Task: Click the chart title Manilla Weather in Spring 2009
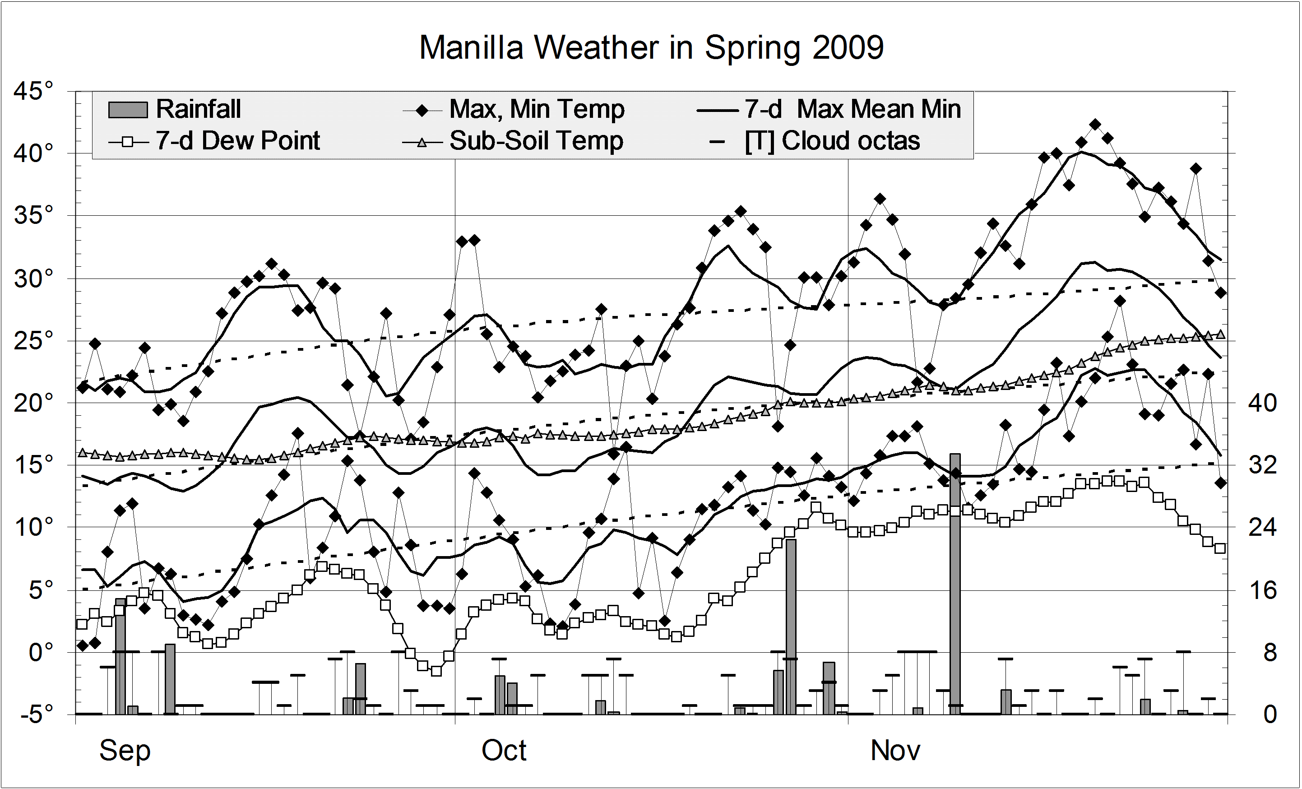click(x=651, y=47)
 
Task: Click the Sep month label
click(x=125, y=751)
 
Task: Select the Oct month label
click(x=504, y=751)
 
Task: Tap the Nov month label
click(x=895, y=751)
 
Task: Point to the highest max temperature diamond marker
click(x=1095, y=124)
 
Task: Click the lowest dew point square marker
click(x=436, y=671)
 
